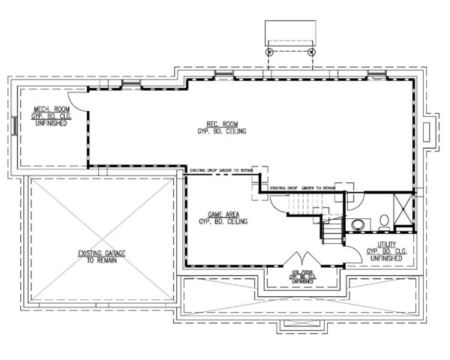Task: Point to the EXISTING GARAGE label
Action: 99,258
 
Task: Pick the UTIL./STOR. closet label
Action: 304,274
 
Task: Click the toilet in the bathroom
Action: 383,219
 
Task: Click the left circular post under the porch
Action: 268,52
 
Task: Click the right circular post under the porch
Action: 310,52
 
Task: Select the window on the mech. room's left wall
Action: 16,125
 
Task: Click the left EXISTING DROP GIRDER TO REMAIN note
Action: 225,169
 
